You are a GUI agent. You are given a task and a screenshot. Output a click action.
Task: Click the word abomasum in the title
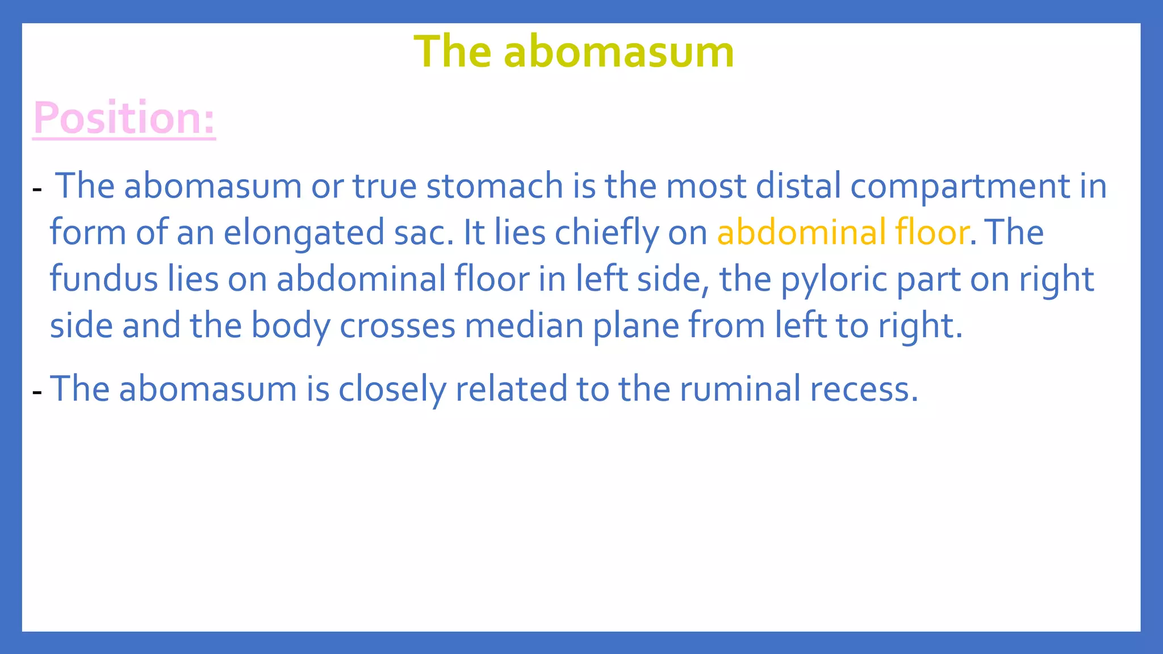click(x=618, y=52)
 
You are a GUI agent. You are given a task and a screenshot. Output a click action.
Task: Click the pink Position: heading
click(x=124, y=118)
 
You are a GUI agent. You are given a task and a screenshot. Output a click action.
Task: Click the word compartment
click(x=960, y=186)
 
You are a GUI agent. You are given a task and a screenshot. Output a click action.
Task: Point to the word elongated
click(x=304, y=233)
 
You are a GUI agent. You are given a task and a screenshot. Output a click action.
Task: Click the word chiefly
click(x=606, y=233)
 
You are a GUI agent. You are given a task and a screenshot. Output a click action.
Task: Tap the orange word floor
click(x=931, y=233)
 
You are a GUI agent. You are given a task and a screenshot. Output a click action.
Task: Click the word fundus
click(x=103, y=279)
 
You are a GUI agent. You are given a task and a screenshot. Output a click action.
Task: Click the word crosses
click(x=398, y=326)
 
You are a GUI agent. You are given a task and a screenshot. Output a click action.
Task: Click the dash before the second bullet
click(x=37, y=392)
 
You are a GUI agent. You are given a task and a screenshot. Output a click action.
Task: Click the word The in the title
click(x=452, y=52)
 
